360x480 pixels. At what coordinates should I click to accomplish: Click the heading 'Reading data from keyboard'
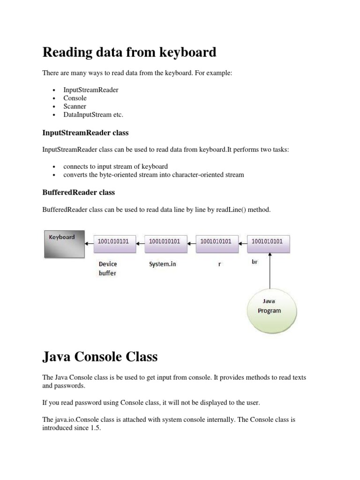(129, 52)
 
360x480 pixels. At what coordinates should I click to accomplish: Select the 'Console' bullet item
(75, 98)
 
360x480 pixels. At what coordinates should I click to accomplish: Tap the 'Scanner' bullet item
(75, 106)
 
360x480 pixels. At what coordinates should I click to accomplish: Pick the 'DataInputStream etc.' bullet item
(93, 114)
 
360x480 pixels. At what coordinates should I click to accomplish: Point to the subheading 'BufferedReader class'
(78, 192)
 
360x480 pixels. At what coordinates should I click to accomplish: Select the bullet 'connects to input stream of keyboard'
(115, 166)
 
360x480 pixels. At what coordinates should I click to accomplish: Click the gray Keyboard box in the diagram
(64, 244)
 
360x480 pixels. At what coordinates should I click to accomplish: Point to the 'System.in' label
(163, 264)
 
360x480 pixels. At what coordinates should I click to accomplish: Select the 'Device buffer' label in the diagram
(107, 269)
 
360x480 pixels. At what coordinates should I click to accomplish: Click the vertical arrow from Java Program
(270, 272)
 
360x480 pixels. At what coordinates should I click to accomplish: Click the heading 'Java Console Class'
(100, 357)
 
